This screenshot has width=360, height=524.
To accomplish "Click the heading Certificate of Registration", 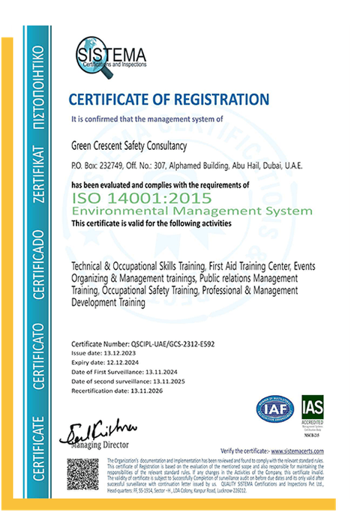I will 168,99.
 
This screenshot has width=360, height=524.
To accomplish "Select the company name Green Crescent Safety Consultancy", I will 128,146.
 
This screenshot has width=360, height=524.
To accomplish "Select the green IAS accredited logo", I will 313,411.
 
